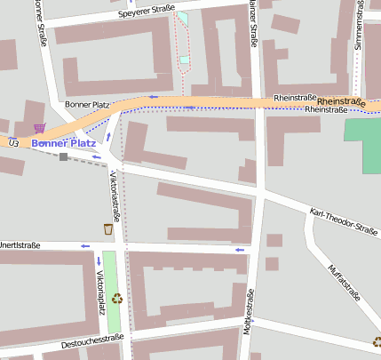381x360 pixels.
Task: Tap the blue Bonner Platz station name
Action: click(63, 142)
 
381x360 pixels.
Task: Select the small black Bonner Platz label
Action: click(87, 105)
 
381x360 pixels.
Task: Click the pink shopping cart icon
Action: click(39, 129)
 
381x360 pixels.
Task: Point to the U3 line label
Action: click(12, 142)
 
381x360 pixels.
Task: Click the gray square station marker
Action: click(63, 157)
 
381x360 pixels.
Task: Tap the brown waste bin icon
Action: click(108, 229)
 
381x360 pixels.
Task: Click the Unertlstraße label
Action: click(20, 244)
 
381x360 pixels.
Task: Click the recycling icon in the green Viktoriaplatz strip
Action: click(115, 299)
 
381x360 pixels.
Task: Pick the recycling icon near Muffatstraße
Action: click(377, 341)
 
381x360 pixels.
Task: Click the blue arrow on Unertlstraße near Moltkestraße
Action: click(239, 250)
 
